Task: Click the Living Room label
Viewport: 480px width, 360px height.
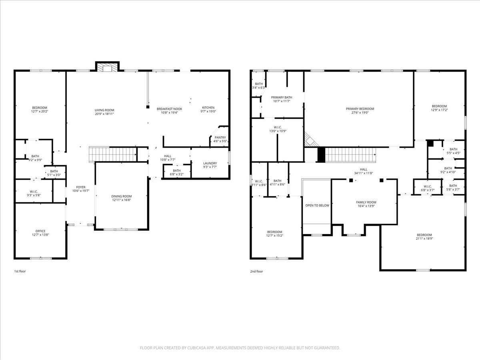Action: pos(104,110)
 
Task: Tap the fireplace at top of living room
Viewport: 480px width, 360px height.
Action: pos(107,67)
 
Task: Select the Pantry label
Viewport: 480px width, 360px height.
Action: pos(220,138)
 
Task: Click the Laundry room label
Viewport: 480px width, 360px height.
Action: pos(210,163)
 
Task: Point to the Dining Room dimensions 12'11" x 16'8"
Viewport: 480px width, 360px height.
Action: pos(121,200)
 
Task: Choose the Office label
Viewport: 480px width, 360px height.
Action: pos(40,231)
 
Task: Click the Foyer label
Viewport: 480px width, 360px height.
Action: pos(81,187)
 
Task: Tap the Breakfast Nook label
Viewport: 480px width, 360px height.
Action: pos(169,109)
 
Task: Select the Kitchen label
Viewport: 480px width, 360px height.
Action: pos(208,108)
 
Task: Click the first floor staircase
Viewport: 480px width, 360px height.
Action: pos(113,154)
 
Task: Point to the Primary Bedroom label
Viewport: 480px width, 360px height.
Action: pos(360,109)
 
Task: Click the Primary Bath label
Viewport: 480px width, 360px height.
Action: pos(282,98)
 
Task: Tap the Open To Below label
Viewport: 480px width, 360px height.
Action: pos(317,206)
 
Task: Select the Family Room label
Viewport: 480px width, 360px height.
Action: pos(366,202)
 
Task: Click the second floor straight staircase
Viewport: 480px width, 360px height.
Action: pos(350,155)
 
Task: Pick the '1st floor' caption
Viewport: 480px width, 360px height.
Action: pos(20,271)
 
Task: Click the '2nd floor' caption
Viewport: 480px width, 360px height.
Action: pos(256,271)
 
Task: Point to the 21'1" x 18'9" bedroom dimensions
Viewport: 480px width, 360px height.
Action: pos(424,239)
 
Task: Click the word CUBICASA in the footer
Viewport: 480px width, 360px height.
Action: pos(196,348)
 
